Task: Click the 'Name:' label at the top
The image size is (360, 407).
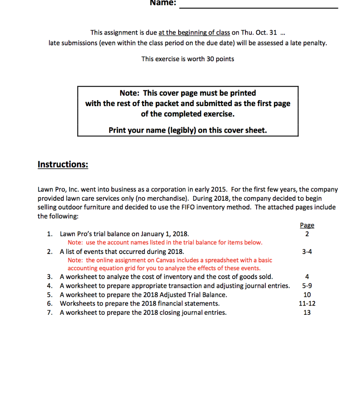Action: (162, 3)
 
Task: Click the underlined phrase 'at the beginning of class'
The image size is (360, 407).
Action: (194, 33)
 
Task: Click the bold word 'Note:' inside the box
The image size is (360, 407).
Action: (130, 93)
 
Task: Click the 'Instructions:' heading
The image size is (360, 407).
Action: (62, 165)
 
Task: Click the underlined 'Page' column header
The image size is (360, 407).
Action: (307, 225)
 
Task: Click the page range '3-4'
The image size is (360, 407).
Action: (307, 251)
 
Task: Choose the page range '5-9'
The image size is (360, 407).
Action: (307, 286)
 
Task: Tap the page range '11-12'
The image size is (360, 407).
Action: (307, 303)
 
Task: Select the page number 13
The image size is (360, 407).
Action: (307, 312)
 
